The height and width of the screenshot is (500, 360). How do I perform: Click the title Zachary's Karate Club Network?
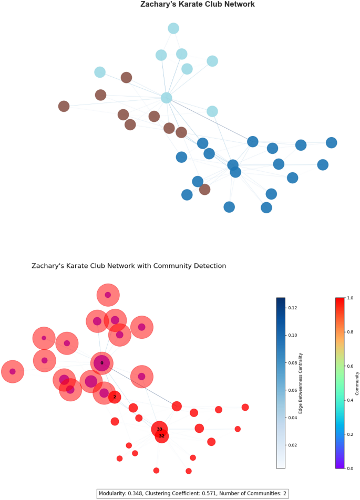[x=197, y=5]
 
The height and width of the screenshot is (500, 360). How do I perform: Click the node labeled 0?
[x=102, y=363]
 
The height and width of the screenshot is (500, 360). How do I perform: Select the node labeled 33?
[x=159, y=429]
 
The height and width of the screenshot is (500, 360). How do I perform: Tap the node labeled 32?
[x=162, y=436]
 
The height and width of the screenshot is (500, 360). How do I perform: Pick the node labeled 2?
[x=115, y=397]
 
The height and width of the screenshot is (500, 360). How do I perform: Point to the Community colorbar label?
[x=358, y=382]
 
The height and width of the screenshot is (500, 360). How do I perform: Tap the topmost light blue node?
[x=173, y=28]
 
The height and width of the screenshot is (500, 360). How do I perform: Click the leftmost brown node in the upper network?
[x=64, y=107]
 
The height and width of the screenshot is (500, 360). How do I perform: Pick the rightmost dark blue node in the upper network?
[x=331, y=143]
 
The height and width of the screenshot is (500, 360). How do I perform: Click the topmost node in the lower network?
[x=108, y=295]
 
